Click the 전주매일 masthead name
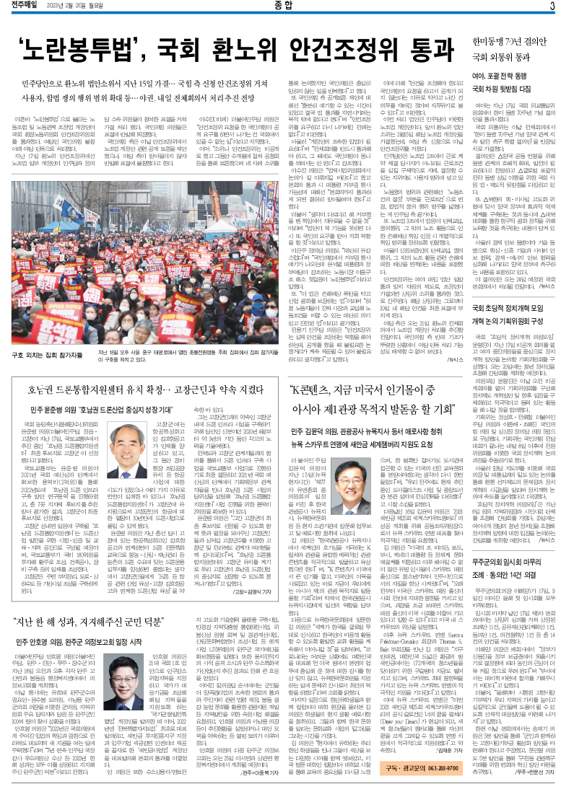point(24,6)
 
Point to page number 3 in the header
point(552,6)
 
